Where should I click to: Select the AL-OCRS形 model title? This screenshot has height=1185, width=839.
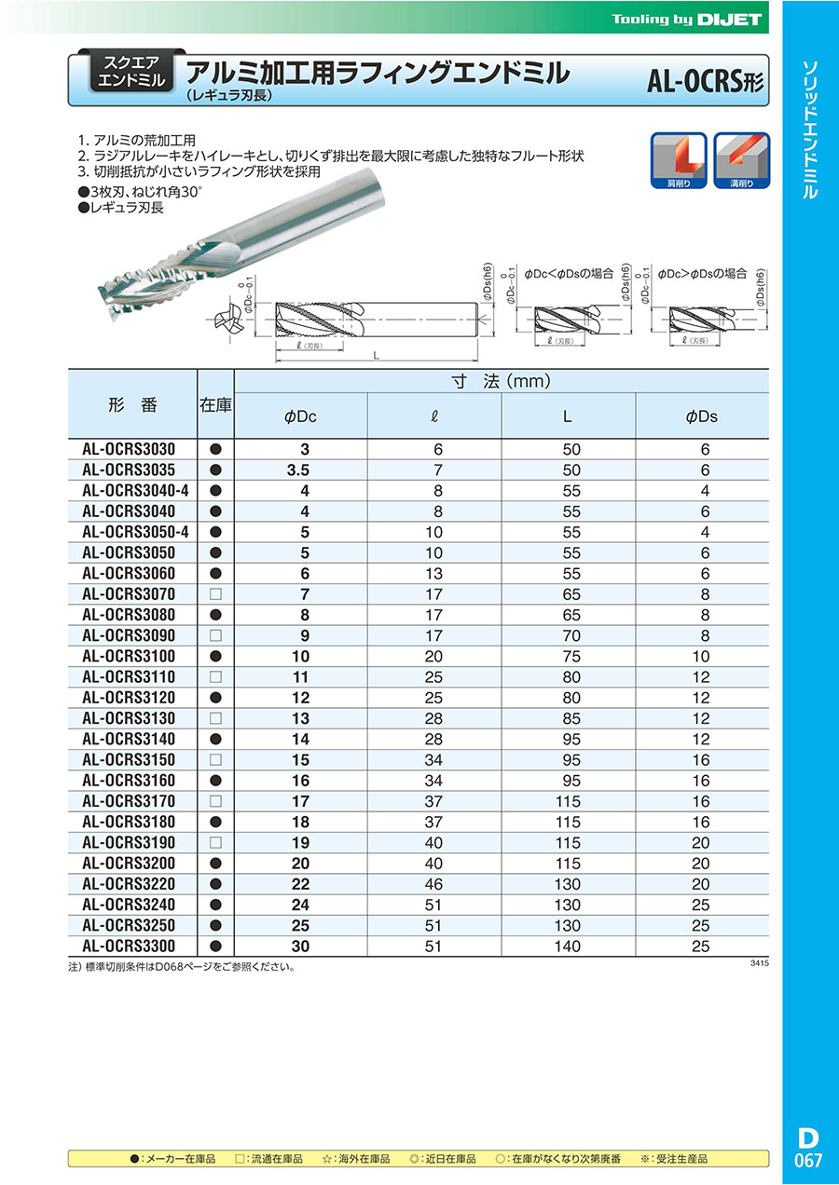coord(706,81)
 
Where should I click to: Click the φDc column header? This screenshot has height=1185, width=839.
coord(300,417)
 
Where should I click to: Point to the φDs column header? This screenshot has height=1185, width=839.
coord(701,417)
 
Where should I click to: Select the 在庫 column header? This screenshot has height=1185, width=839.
coord(215,405)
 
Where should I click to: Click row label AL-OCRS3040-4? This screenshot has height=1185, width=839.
coord(134,490)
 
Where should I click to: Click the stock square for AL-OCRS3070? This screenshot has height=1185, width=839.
coord(215,594)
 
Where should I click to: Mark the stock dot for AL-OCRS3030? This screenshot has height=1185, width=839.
coord(215,449)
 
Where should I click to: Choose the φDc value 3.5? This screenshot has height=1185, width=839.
coord(300,470)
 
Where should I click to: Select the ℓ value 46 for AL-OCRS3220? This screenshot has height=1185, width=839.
coord(436,884)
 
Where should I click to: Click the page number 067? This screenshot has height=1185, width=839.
coord(808,1161)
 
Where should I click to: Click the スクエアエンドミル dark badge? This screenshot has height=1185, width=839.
coord(130,71)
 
